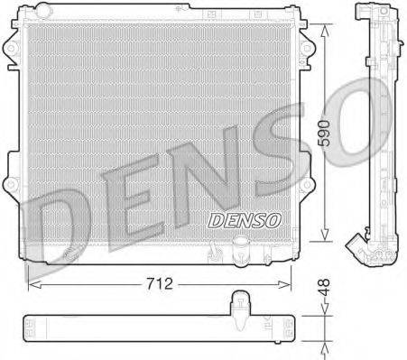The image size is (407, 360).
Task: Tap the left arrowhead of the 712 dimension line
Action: click(33, 282)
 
